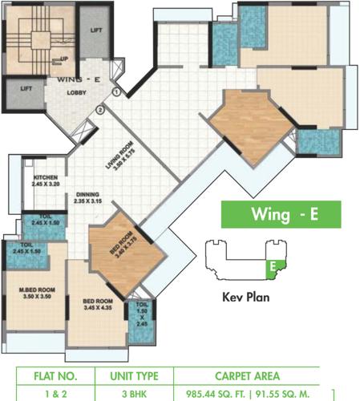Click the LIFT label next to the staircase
95,30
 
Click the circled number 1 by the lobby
117,92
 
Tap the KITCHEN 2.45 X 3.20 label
47,180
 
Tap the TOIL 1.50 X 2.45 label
141,317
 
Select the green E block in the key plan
273,265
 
